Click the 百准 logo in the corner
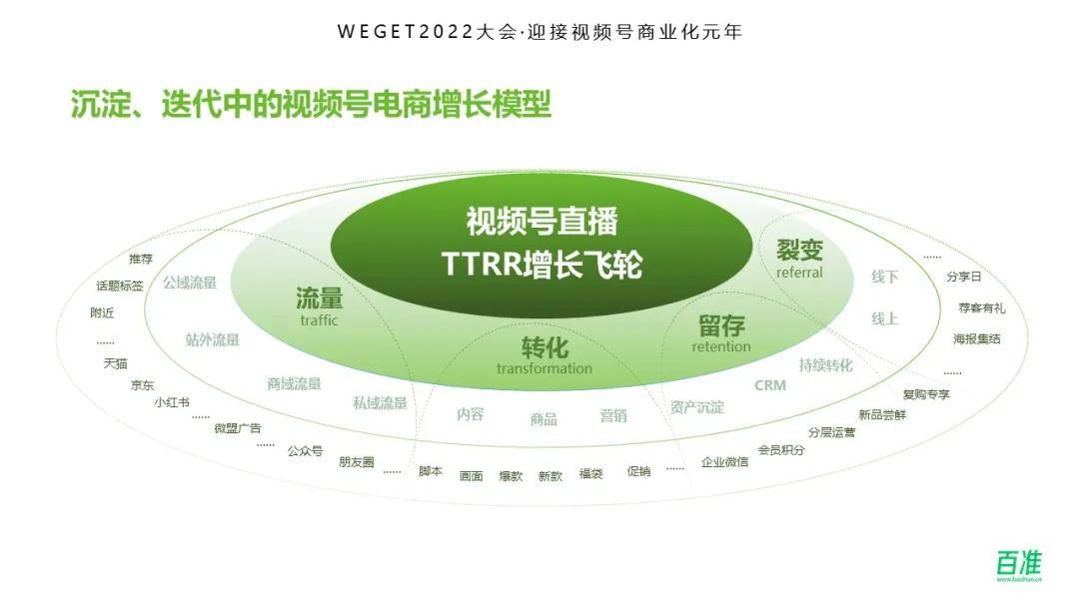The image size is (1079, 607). pyautogui.click(x=1018, y=564)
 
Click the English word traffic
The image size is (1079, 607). pyautogui.click(x=319, y=320)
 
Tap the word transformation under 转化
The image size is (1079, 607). pyautogui.click(x=543, y=368)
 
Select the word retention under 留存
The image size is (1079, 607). pyautogui.click(x=720, y=346)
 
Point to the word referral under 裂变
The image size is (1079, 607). pyautogui.click(x=799, y=273)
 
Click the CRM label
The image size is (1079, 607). pyautogui.click(x=769, y=385)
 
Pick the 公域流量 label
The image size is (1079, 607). pyautogui.click(x=190, y=283)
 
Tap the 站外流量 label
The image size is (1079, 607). pyautogui.click(x=212, y=339)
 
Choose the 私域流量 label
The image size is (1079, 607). pyautogui.click(x=380, y=403)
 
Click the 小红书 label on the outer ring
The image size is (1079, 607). pyautogui.click(x=171, y=402)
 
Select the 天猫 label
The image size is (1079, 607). pyautogui.click(x=115, y=363)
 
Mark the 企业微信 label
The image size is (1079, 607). pyautogui.click(x=724, y=462)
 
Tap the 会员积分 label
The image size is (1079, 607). pyautogui.click(x=781, y=450)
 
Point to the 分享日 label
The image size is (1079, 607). pyautogui.click(x=963, y=277)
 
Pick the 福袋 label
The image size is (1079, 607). pyautogui.click(x=590, y=475)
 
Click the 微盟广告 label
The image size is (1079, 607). pyautogui.click(x=238, y=428)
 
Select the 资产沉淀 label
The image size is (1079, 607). pyautogui.click(x=697, y=407)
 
